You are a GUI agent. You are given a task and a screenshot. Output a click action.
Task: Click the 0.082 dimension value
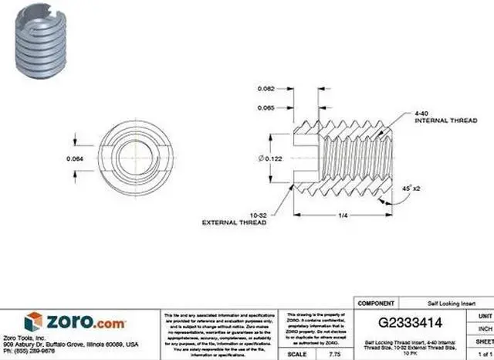(x=266, y=89)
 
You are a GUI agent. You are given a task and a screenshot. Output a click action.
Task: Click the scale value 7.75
(x=335, y=353)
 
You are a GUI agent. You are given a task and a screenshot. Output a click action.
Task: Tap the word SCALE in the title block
(x=296, y=353)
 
